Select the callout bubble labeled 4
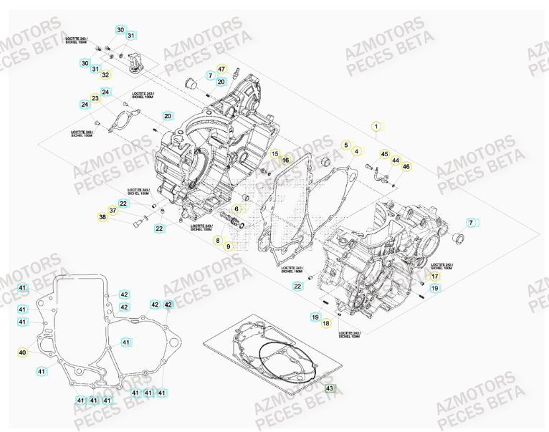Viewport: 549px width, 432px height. coord(358,151)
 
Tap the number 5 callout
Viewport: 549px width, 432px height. coord(345,145)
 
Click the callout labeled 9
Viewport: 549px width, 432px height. coord(229,246)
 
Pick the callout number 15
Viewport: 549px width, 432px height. coord(274,154)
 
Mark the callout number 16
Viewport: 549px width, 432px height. coord(285,160)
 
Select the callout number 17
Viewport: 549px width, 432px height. coord(434,276)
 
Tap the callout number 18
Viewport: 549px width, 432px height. coord(326,323)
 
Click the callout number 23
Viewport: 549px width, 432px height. coord(95,98)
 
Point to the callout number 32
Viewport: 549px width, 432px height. coord(105,75)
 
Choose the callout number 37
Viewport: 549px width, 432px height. coord(113,210)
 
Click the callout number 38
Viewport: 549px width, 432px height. coord(102,217)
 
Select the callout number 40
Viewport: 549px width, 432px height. coord(22,352)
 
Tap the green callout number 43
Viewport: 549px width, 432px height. coord(330,389)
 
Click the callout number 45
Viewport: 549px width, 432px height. coord(384,154)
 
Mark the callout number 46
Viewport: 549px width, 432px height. coord(406,167)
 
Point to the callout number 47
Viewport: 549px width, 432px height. coord(221,69)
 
